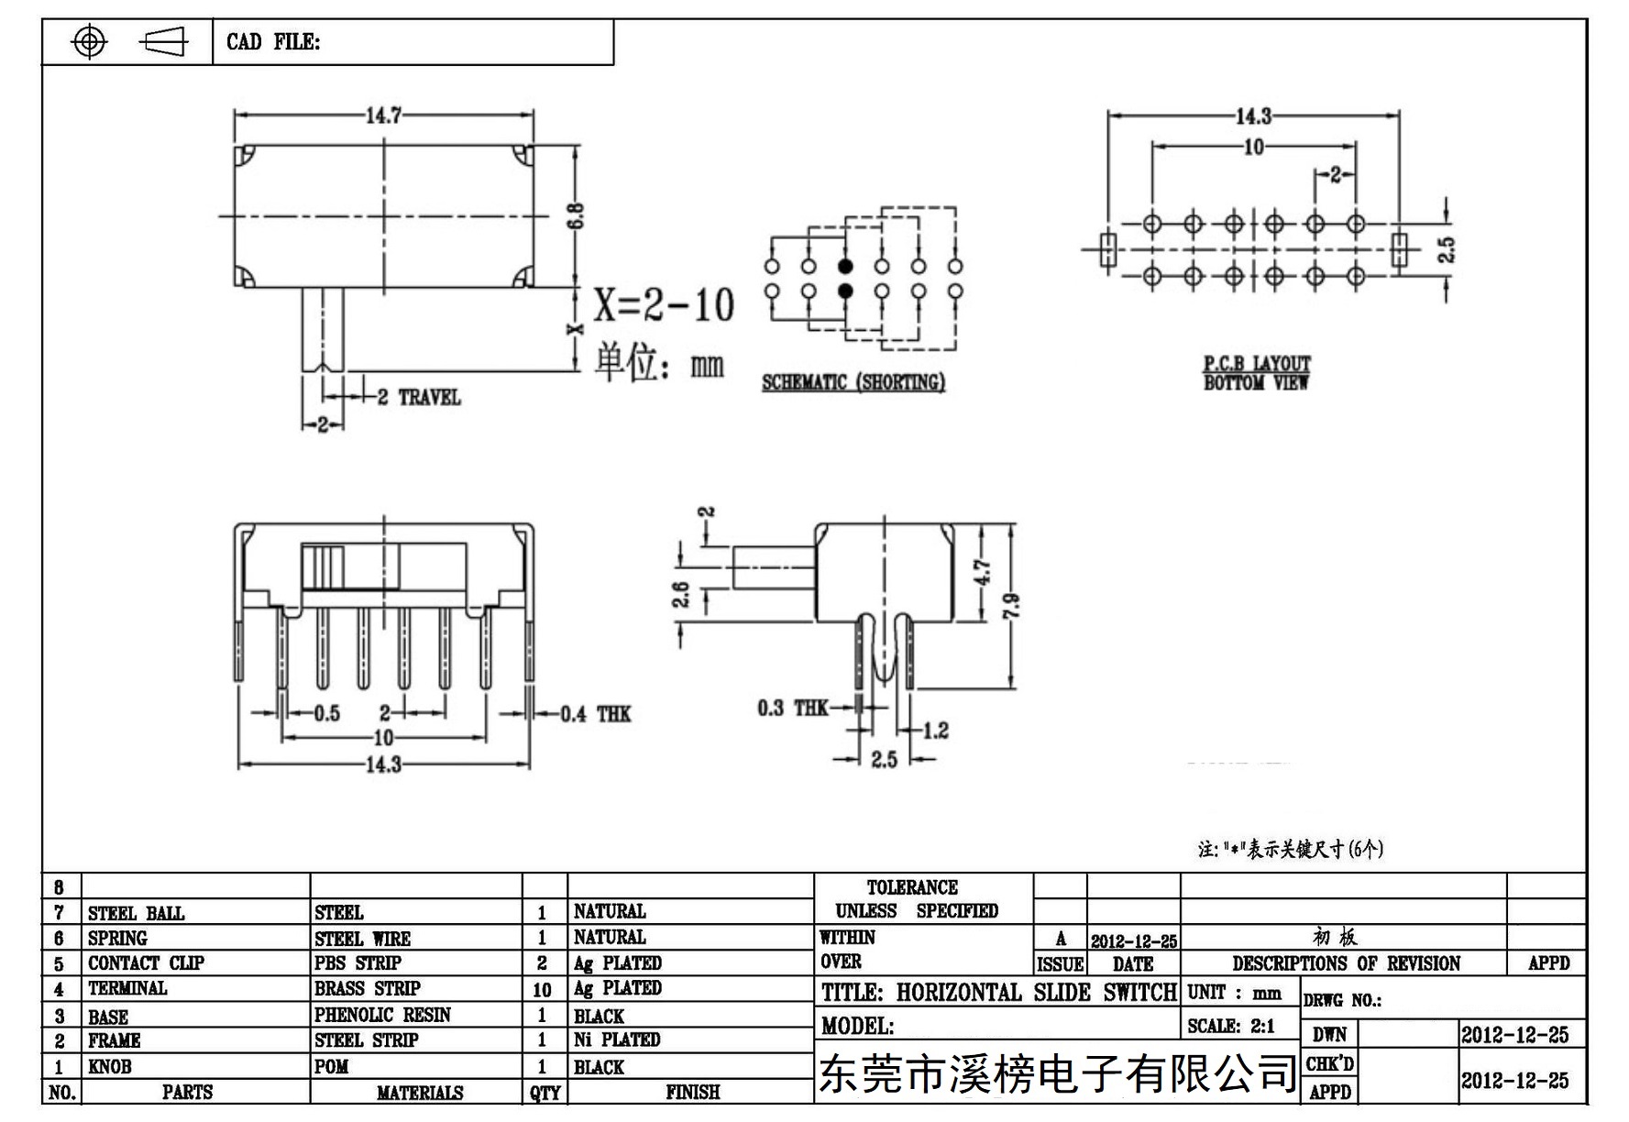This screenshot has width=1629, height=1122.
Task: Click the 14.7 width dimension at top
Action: pos(384,115)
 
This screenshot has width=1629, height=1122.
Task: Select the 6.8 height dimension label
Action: pos(576,217)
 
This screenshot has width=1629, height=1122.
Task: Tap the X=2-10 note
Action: pos(664,304)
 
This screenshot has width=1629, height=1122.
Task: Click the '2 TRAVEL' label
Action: pos(419,397)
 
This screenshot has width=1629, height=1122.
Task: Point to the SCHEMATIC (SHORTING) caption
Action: pos(853,382)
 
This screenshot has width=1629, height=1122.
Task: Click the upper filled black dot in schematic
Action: pos(845,267)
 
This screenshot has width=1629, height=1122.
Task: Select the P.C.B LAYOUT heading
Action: pos(1257,363)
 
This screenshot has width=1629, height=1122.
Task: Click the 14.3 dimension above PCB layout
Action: pos(1253,116)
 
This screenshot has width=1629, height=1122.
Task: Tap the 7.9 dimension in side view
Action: pos(1011,606)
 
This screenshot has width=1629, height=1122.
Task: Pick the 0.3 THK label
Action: pos(792,708)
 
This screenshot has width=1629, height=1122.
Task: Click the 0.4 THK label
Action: pos(596,714)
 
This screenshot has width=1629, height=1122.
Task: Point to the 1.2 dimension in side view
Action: pos(936,731)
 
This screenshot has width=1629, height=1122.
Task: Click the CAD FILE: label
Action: pos(273,42)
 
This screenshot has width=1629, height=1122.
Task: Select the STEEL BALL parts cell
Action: pos(136,913)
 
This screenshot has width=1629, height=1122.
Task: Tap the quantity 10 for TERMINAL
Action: pos(542,990)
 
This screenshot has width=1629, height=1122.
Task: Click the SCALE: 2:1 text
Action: pos(1231,1026)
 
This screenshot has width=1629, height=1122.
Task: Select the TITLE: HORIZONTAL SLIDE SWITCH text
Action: pos(999,993)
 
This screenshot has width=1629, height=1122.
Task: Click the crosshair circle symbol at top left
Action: pos(89,41)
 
